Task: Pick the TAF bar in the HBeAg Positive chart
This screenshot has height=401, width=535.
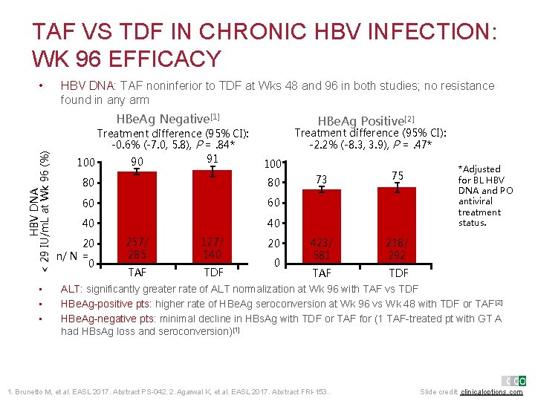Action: point(321,226)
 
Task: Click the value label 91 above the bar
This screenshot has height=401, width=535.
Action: point(213,158)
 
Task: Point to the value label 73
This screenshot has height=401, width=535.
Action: point(321,178)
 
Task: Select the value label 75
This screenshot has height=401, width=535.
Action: point(398,175)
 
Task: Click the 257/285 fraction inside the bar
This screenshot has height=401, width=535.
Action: point(137,248)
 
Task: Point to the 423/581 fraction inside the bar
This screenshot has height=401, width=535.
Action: point(321,248)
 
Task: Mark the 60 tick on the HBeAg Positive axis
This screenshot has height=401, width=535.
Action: point(274,203)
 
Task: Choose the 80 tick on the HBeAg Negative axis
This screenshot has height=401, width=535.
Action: point(88,182)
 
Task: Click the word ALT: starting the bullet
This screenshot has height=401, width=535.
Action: point(71,290)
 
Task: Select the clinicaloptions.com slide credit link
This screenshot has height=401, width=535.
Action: point(492,391)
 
